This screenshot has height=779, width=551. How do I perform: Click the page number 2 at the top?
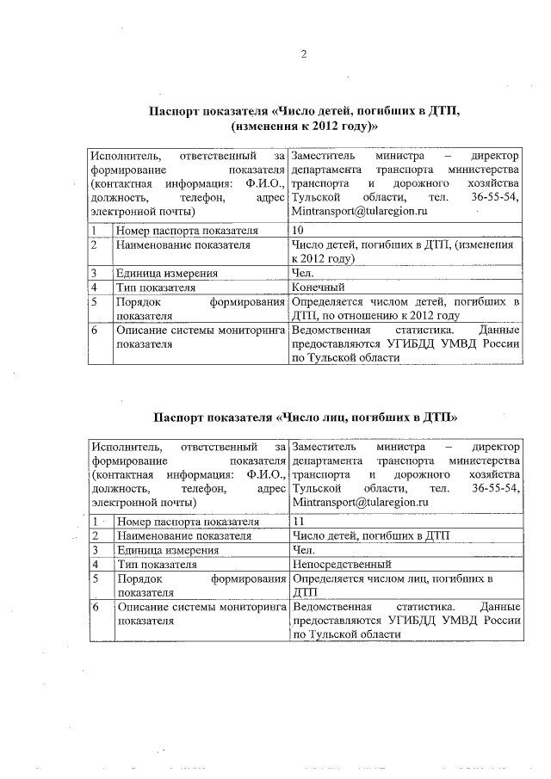tap(303, 55)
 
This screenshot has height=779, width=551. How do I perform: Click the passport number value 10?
tap(298, 231)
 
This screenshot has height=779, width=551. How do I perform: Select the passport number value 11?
tap(298, 521)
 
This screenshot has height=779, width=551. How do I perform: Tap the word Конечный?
tap(319, 287)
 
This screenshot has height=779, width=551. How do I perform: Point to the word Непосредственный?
tap(342, 565)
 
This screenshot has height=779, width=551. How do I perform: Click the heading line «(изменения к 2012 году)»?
tap(305, 127)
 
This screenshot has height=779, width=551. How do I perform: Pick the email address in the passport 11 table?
tap(359, 502)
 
